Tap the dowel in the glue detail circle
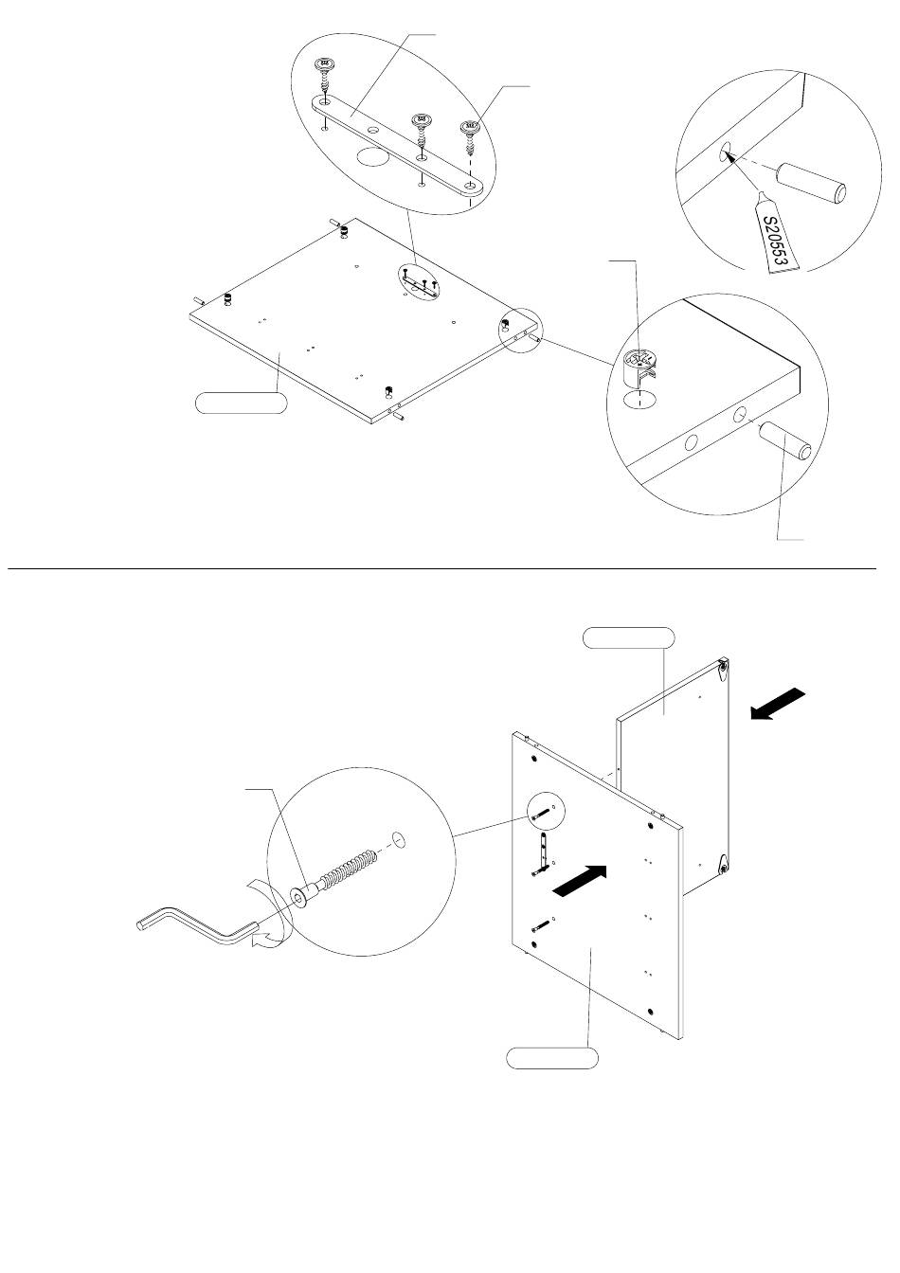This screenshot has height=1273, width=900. coord(811,183)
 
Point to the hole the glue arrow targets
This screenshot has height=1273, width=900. coord(725,152)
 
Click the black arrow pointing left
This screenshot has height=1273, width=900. coord(777,704)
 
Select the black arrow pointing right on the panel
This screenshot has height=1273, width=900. coord(580,883)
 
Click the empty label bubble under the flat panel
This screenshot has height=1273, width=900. coord(241,403)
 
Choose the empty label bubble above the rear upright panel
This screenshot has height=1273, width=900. coord(629,637)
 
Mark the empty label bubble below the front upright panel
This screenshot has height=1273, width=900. coord(552,1057)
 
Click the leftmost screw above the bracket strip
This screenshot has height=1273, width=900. coord(325,79)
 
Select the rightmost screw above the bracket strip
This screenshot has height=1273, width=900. coord(470,138)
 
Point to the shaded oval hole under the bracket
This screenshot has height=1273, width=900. coord(371,158)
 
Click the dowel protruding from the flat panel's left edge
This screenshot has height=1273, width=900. coord(199,299)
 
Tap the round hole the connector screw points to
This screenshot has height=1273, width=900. coord(399,839)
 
